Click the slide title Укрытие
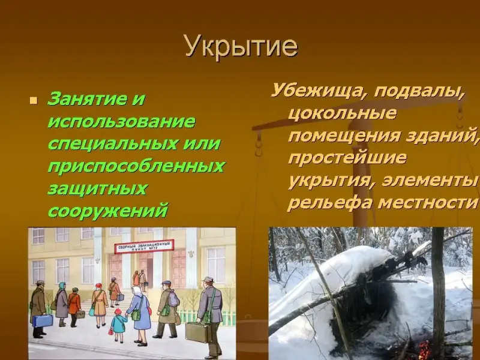click(241, 47)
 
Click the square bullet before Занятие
click(34, 101)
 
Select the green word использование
click(122, 122)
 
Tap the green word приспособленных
click(136, 167)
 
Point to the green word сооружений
click(108, 211)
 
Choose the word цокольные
click(342, 113)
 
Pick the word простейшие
click(347, 158)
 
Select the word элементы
click(430, 181)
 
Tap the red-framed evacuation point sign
click(144, 247)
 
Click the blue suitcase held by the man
click(42, 320)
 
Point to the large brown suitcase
click(198, 332)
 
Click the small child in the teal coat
click(118, 325)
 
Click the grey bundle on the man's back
click(173, 299)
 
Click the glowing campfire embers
click(424, 349)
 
